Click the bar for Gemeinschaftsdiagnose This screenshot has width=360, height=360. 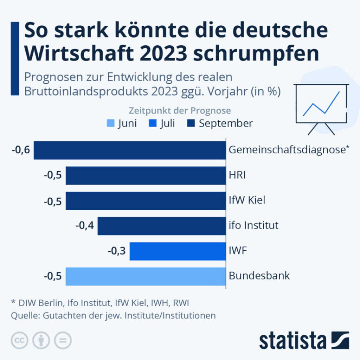click(x=130, y=150)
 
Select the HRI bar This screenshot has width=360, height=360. click(x=146, y=175)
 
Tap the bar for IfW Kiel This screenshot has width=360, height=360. click(x=146, y=201)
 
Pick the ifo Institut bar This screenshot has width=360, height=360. click(x=162, y=226)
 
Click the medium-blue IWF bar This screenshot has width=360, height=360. click(x=178, y=251)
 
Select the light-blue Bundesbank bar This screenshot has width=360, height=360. click(x=146, y=276)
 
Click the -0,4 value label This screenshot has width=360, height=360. click(x=85, y=226)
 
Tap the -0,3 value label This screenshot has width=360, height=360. click(x=117, y=251)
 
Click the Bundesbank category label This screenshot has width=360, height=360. click(x=259, y=275)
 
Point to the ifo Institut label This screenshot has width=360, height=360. click(x=253, y=225)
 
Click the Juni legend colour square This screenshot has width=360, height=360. click(x=110, y=124)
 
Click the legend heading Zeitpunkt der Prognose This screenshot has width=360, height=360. click(x=180, y=111)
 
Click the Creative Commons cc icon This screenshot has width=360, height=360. click(x=20, y=340)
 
